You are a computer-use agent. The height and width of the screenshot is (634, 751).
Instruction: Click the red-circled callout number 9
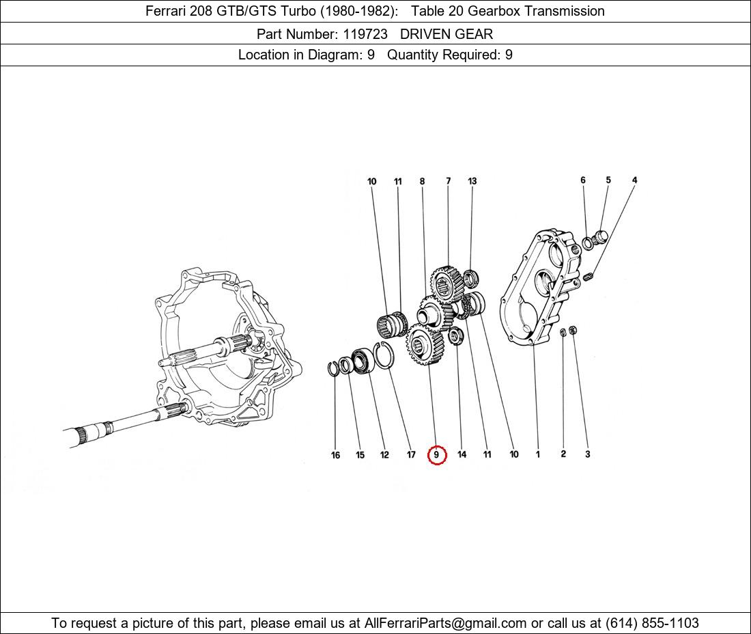pyautogui.click(x=437, y=454)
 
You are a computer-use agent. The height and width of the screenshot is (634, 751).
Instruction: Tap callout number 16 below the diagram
pyautogui.click(x=335, y=455)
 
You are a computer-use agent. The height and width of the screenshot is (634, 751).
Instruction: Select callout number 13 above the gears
pyautogui.click(x=472, y=181)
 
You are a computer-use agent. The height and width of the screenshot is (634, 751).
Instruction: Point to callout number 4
pyautogui.click(x=634, y=180)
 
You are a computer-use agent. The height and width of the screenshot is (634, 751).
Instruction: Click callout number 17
pyautogui.click(x=411, y=455)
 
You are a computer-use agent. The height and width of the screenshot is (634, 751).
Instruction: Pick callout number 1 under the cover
pyautogui.click(x=538, y=454)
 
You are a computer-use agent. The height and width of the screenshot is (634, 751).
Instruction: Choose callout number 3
pyautogui.click(x=587, y=454)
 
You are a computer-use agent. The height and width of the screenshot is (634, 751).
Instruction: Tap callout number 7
pyautogui.click(x=449, y=181)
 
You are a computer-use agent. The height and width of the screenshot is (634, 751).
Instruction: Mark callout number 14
pyautogui.click(x=462, y=455)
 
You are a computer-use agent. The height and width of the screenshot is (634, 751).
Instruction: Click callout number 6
pyautogui.click(x=583, y=180)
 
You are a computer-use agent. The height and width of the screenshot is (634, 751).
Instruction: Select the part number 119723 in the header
pyautogui.click(x=362, y=33)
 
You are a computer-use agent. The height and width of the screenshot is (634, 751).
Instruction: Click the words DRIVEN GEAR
pyautogui.click(x=447, y=33)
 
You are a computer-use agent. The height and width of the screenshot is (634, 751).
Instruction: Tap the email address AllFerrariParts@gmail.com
pyautogui.click(x=446, y=623)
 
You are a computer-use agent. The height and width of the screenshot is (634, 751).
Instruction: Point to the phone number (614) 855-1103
pyautogui.click(x=652, y=623)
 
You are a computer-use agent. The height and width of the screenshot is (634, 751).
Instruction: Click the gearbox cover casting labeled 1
pyautogui.click(x=536, y=287)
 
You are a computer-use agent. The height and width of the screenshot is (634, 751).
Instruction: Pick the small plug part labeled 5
pyautogui.click(x=601, y=237)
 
